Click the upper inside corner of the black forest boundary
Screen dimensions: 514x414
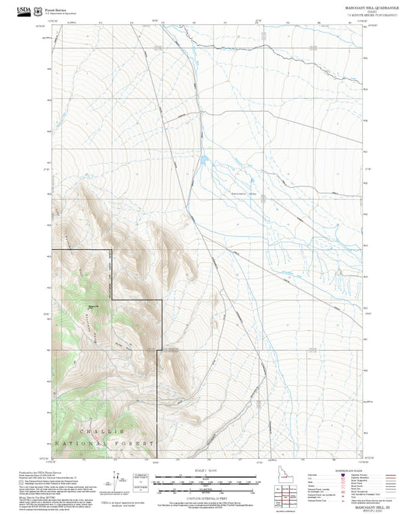[110, 250]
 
